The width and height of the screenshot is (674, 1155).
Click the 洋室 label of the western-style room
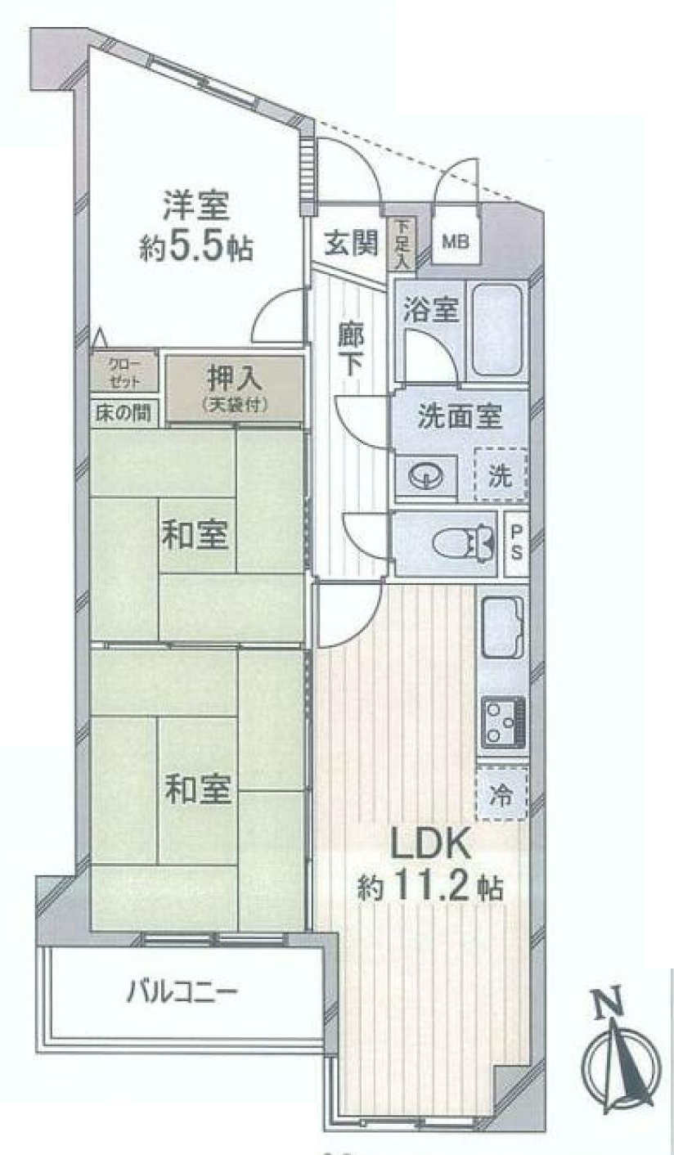coord(196,207)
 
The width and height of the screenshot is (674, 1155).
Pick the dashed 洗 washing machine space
coord(501,475)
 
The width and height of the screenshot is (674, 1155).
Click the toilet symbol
coord(464,543)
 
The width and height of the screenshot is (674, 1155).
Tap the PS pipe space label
coord(516,543)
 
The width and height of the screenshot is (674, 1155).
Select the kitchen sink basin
coord(504,627)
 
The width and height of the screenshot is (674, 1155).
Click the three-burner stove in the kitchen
coord(504,722)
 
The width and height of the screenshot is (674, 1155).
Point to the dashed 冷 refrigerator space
coord(501,794)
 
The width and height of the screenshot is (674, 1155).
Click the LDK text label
coord(430,845)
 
